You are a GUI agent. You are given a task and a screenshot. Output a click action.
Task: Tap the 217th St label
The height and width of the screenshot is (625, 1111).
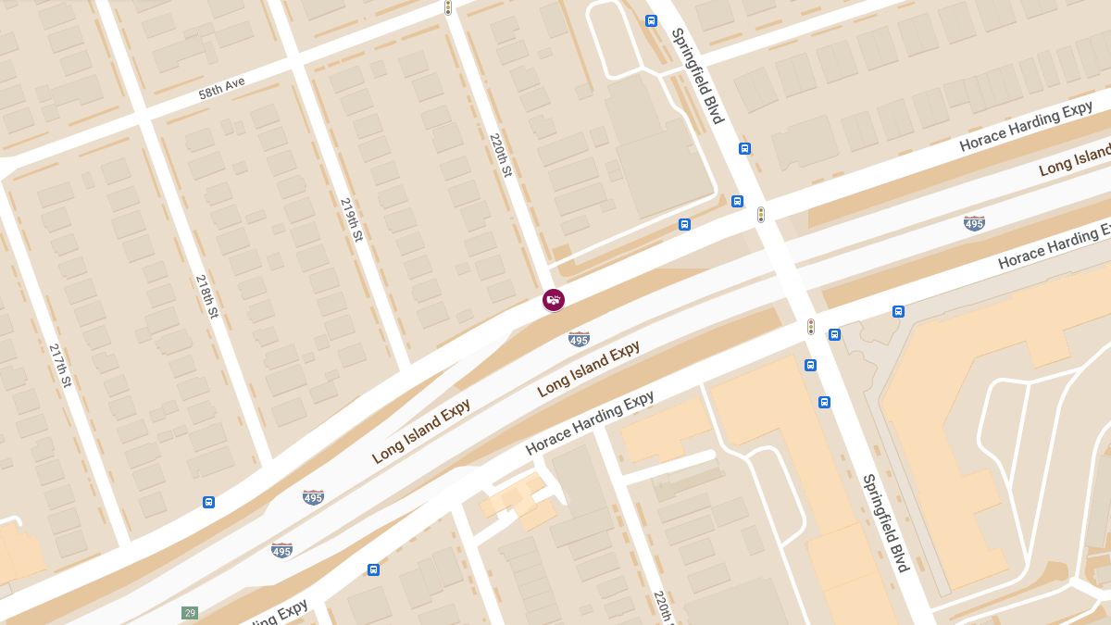[x=60, y=365]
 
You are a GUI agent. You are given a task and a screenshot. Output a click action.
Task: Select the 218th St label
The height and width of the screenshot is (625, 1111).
[x=206, y=296]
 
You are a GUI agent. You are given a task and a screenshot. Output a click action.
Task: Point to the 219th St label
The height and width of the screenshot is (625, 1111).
[x=352, y=219]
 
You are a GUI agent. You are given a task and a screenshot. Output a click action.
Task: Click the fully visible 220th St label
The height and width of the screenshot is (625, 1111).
[x=500, y=155]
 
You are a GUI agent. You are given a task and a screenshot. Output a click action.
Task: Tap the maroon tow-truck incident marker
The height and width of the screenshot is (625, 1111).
[x=554, y=299]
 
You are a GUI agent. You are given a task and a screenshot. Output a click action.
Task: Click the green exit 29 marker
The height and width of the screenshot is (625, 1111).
[x=190, y=613]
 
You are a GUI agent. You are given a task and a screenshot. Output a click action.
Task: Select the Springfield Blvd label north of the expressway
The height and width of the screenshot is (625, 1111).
[x=697, y=76]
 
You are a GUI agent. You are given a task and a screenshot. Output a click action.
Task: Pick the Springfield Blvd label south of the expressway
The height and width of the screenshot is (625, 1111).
[x=886, y=523]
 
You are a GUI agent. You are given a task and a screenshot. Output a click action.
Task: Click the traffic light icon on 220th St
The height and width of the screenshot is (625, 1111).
[x=448, y=7]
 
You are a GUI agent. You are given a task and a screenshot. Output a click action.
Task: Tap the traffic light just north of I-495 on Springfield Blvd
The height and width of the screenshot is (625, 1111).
[x=761, y=215]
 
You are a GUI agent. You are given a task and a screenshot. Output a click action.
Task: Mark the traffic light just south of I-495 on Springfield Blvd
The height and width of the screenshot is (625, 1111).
[x=811, y=327]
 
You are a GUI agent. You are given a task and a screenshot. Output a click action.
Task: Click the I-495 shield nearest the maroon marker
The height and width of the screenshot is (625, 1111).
[x=580, y=339]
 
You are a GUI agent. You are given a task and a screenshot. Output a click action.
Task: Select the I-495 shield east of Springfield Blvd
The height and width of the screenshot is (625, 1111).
[x=974, y=222]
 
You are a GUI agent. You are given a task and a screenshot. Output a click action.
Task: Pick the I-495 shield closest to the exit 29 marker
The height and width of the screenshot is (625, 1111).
[x=282, y=550]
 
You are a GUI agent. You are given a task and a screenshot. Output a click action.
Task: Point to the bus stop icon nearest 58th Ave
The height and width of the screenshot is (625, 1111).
[x=651, y=20]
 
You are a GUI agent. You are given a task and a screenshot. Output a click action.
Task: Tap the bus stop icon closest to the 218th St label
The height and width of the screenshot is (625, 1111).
[x=208, y=502]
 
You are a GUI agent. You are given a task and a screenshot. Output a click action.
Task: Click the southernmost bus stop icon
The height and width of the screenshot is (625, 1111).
[x=373, y=569]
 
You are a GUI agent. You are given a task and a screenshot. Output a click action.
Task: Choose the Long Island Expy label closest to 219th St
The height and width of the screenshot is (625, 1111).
[x=421, y=431]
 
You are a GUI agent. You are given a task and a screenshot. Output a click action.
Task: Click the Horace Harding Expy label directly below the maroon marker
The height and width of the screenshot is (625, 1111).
[x=590, y=423]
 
